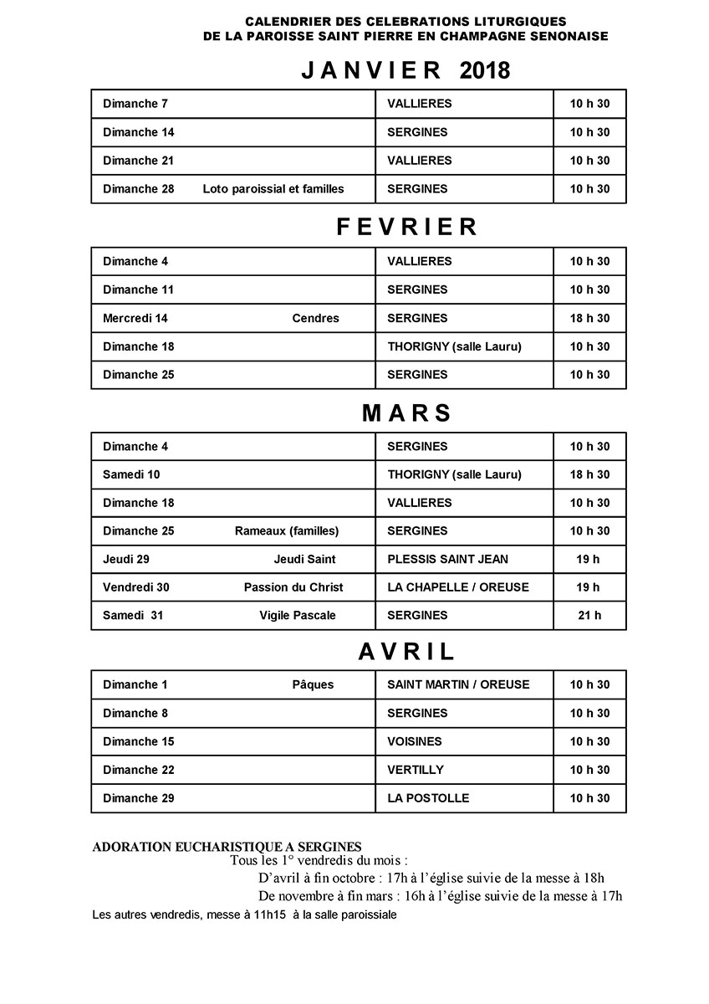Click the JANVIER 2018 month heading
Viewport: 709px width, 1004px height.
[406, 71]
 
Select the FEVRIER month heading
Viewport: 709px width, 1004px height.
[407, 228]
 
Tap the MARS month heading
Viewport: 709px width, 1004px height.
[407, 413]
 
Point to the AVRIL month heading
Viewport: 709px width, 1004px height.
[407, 652]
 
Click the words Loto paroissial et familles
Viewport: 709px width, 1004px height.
[273, 189]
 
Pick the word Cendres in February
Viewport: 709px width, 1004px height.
[316, 319]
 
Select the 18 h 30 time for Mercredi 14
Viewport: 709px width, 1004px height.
[589, 319]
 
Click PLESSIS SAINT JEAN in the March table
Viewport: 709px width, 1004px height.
[447, 560]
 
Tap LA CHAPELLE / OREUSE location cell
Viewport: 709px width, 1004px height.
[458, 587]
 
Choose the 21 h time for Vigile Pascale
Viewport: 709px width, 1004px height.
[589, 616]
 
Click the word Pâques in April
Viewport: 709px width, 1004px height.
[313, 685]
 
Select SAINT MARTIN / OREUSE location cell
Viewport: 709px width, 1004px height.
[458, 685]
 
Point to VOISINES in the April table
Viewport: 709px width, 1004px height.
[415, 742]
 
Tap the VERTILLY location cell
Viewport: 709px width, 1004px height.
[416, 771]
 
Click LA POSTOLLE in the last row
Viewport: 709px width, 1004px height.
[428, 799]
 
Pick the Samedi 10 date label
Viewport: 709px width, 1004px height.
[131, 475]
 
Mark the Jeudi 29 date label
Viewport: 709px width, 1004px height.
[126, 560]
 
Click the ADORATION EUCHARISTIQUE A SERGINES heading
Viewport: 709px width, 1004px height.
[227, 848]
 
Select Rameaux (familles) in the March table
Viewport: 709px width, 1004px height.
[287, 531]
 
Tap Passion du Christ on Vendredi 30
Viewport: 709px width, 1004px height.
[293, 587]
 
